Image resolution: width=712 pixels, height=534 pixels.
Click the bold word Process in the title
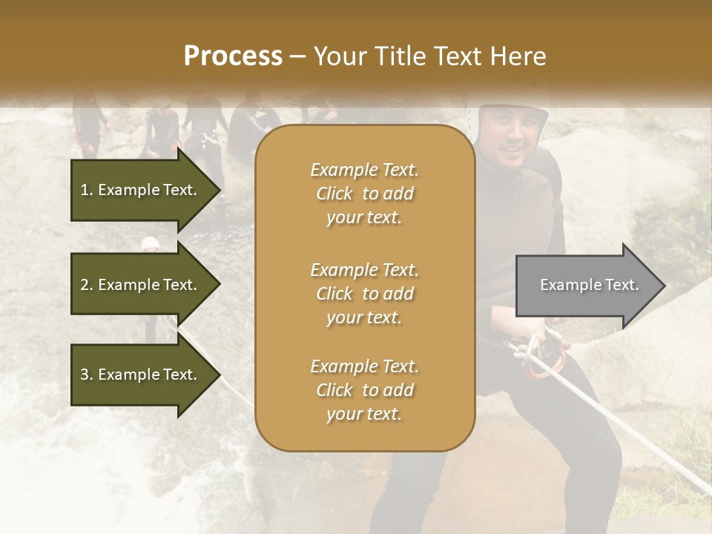pos(233,56)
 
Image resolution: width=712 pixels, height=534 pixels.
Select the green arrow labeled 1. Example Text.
pos(141,190)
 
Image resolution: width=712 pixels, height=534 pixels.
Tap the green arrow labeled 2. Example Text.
pos(141,285)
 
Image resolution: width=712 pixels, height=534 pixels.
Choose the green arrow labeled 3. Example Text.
pos(141,375)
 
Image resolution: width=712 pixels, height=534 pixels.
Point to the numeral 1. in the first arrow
pos(86,190)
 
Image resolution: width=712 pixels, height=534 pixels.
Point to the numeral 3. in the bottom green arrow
pos(86,375)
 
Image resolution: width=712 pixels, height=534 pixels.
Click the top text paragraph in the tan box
pos(364,194)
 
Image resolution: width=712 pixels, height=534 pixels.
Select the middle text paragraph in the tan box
pos(364,294)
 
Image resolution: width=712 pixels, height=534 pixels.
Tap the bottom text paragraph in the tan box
pos(364,390)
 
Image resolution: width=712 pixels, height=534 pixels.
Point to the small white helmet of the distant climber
pos(151,243)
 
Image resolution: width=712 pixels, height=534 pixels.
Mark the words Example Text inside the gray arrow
pos(589,285)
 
